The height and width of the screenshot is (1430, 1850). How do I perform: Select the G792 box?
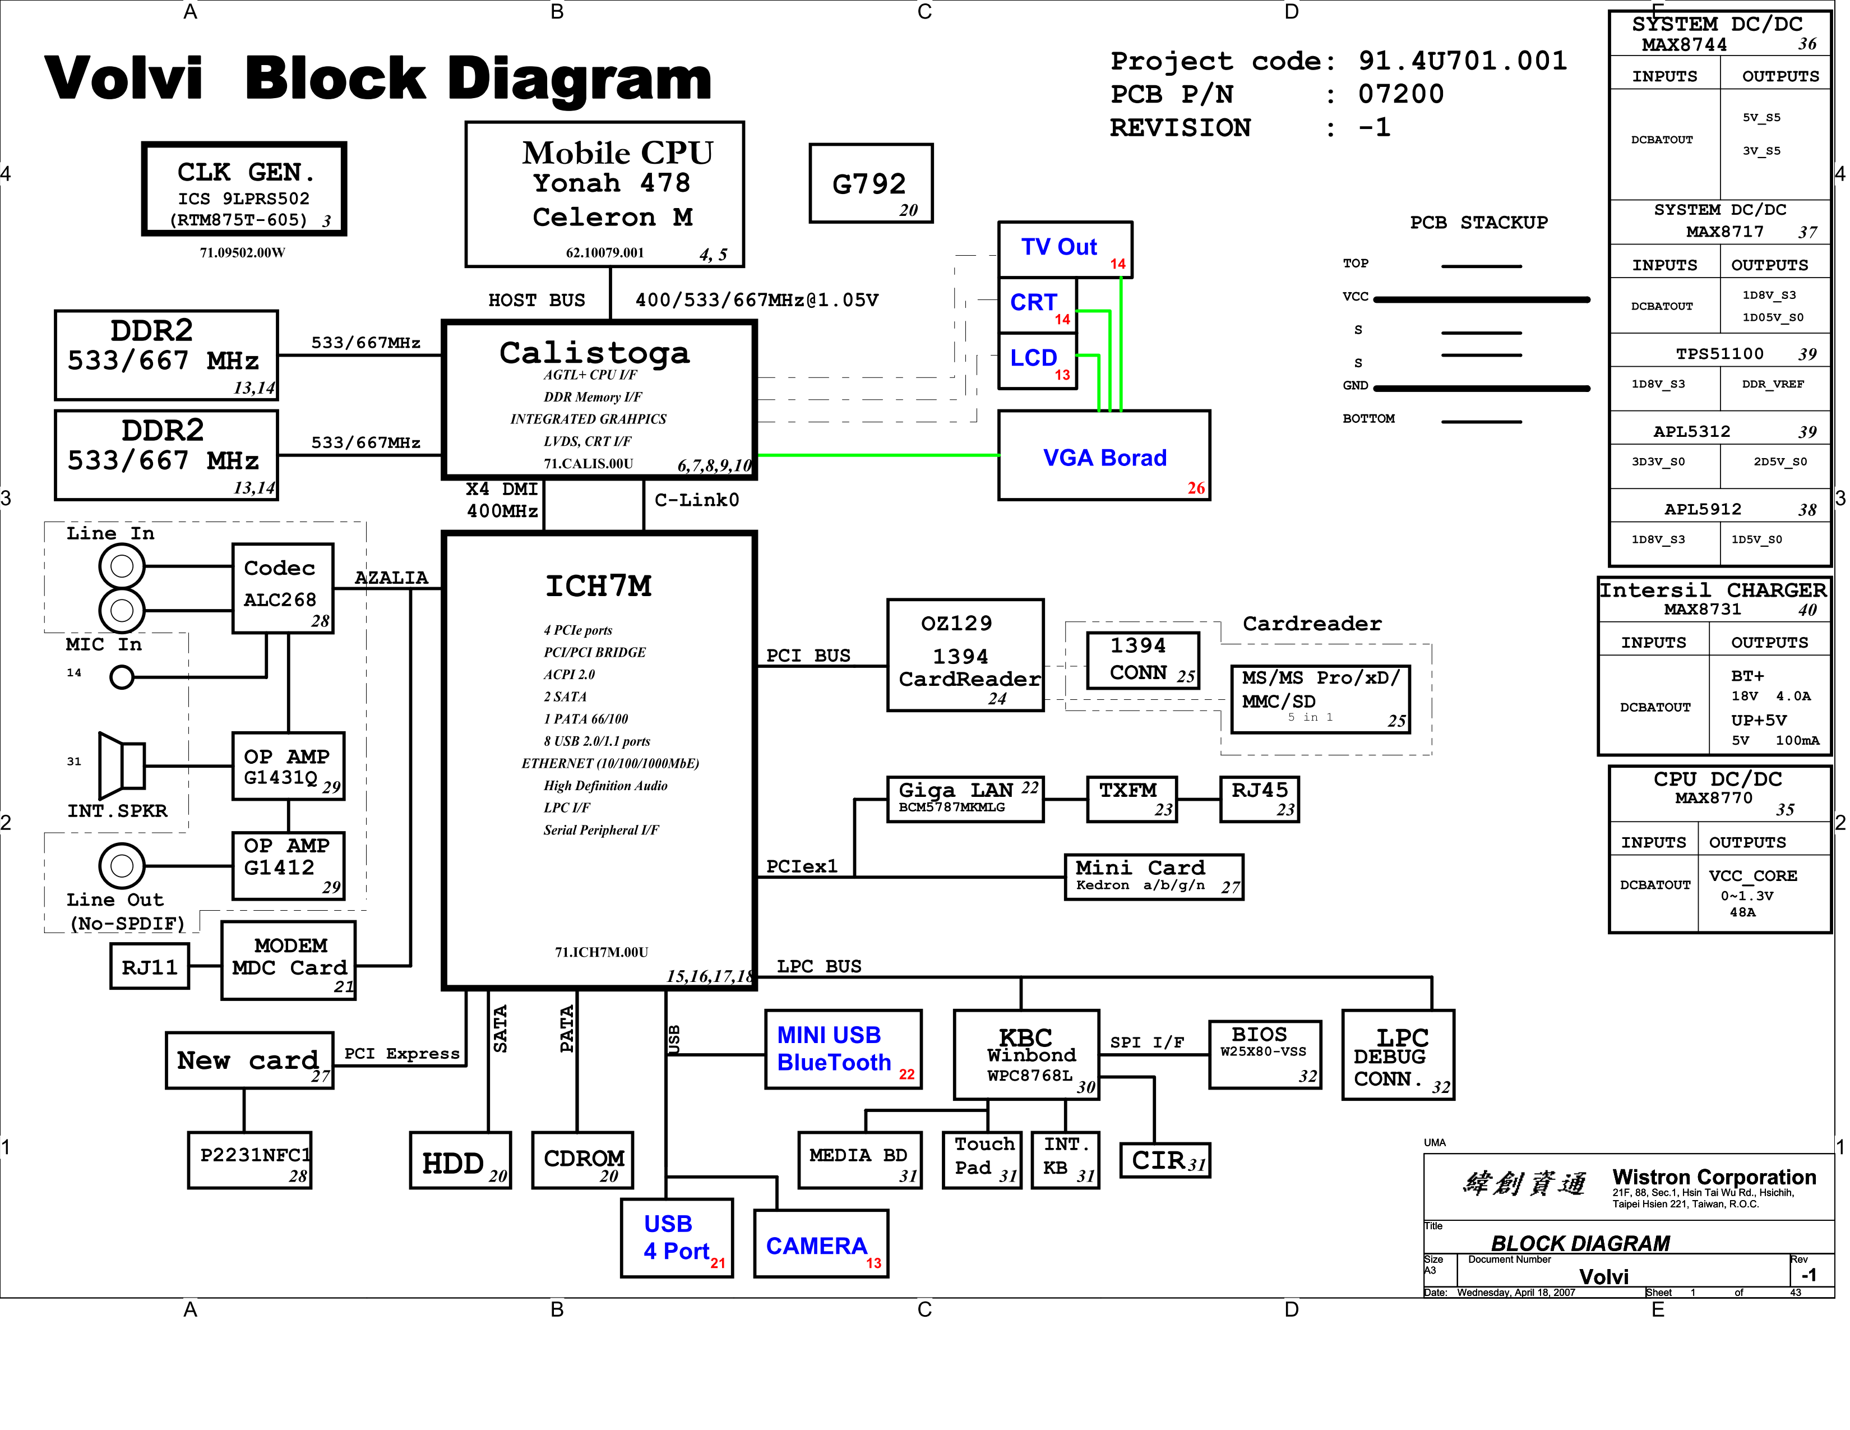pyautogui.click(x=871, y=183)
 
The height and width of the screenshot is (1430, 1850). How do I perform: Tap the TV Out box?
pyautogui.click(x=1065, y=250)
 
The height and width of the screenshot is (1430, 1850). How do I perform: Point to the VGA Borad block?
pyautogui.click(x=1104, y=456)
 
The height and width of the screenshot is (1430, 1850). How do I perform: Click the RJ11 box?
pyautogui.click(x=150, y=967)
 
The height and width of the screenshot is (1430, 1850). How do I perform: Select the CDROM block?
pyautogui.click(x=583, y=1161)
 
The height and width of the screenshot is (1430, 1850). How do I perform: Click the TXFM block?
pyautogui.click(x=1132, y=799)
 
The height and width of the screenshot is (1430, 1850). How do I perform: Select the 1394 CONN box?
pyautogui.click(x=1143, y=660)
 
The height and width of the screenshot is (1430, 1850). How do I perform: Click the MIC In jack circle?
pyautogui.click(x=122, y=677)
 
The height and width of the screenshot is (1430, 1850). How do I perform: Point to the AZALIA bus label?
pyautogui.click(x=391, y=578)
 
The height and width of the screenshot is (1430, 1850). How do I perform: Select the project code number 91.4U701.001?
pyautogui.click(x=1462, y=61)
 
